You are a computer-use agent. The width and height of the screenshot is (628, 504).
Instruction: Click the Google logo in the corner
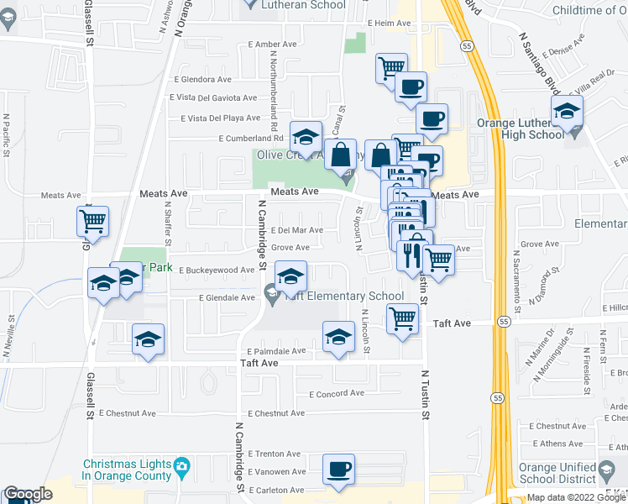pos(28,495)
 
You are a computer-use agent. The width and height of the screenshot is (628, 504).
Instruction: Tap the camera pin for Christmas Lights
pos(181,465)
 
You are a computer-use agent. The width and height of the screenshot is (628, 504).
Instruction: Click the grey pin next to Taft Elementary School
pos(271,296)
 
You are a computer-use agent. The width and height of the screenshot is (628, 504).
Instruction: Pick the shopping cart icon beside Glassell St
pos(93,223)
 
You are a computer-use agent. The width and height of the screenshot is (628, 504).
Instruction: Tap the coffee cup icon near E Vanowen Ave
pos(338,470)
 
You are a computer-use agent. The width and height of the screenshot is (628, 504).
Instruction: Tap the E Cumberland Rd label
pos(250,139)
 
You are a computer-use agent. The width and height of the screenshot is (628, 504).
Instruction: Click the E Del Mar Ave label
pos(297,229)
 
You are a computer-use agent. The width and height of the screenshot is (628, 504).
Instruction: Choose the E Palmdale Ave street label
pos(277,352)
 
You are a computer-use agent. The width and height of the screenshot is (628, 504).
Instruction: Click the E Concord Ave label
pos(337,393)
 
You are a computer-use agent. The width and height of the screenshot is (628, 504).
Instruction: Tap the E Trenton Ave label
pos(274,454)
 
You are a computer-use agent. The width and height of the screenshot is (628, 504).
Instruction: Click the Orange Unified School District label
pos(580,472)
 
